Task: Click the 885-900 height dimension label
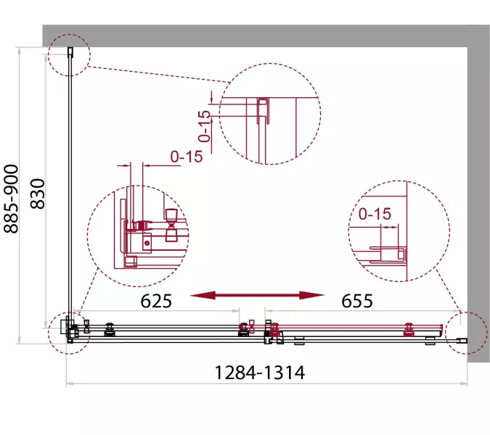[x=11, y=199]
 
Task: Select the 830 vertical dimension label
[x=38, y=194]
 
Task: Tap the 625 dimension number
[x=156, y=301]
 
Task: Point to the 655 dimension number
[x=357, y=301]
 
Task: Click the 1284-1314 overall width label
[x=260, y=372]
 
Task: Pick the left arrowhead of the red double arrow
[x=203, y=295]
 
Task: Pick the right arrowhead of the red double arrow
[x=312, y=295]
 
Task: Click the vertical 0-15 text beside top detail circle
[x=205, y=126]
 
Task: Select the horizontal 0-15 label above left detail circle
[x=187, y=157]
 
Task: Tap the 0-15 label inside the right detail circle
[x=375, y=214]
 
